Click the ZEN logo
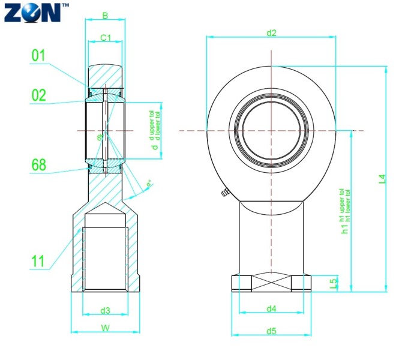coord(32,12)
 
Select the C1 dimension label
coord(106,38)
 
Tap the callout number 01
coord(39,56)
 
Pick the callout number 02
coord(39,95)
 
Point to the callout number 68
coord(39,165)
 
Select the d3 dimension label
coord(106,310)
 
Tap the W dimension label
coord(106,328)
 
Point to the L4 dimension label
coord(382,178)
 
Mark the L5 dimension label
coord(334,283)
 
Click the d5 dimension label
coord(271,331)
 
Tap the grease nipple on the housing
coord(224,193)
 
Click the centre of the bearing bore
coord(272,130)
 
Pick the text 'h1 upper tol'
coord(343,204)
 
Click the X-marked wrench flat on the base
coord(271,283)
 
